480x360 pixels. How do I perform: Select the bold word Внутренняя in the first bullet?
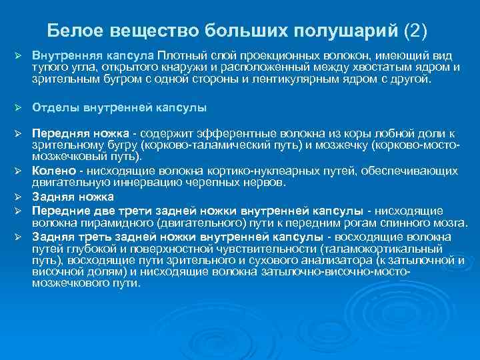click(x=61, y=52)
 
